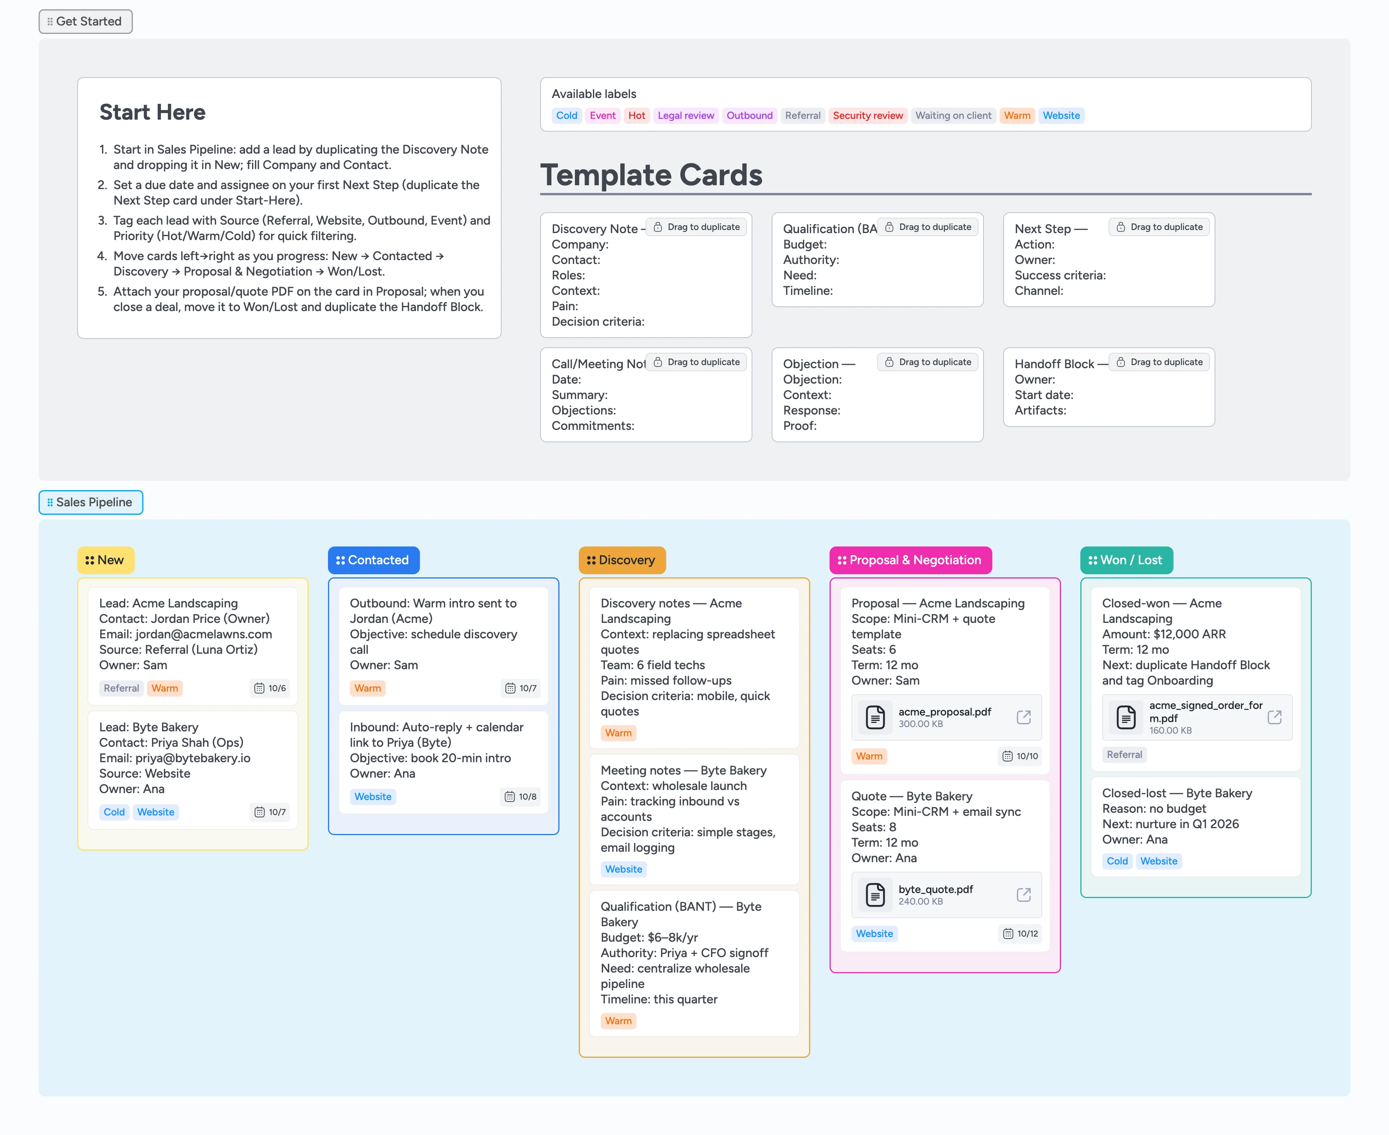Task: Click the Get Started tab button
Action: click(x=86, y=22)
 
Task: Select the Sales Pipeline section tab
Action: click(x=91, y=502)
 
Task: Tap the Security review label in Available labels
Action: click(x=867, y=116)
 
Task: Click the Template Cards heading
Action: click(x=651, y=175)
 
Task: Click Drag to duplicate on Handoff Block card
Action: click(x=1159, y=362)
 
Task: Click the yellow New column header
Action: click(x=105, y=560)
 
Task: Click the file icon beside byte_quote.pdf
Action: click(x=875, y=895)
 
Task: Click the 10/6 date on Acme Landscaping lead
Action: click(x=270, y=688)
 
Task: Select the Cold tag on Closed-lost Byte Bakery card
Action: click(x=1117, y=861)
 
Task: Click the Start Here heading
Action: click(x=152, y=112)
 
